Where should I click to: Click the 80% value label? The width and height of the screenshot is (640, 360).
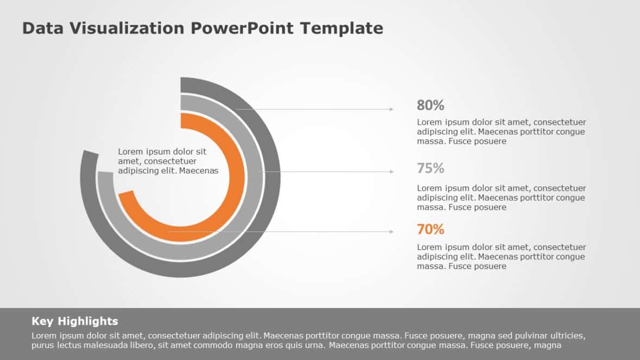[430, 105]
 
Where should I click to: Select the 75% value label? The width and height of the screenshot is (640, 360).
[430, 169]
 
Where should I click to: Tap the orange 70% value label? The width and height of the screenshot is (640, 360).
[430, 229]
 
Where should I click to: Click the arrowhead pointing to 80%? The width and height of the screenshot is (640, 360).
[392, 110]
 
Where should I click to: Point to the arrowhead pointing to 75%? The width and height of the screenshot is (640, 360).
[392, 172]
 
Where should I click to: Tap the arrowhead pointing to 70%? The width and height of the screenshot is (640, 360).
[392, 232]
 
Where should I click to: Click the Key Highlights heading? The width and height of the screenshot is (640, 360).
[74, 321]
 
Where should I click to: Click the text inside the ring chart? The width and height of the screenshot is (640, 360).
[168, 161]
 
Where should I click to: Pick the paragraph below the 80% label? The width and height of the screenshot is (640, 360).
[501, 132]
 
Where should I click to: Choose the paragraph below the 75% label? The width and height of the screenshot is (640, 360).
[501, 197]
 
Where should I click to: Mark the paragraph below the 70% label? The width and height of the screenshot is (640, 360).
[501, 256]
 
